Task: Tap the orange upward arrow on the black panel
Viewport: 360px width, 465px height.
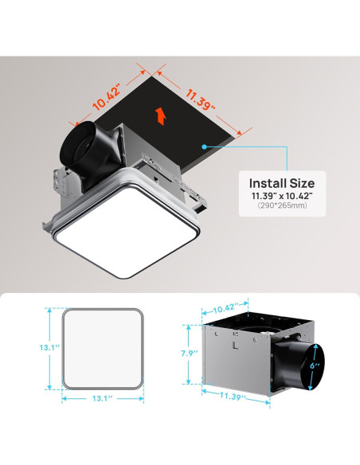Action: [x=162, y=117]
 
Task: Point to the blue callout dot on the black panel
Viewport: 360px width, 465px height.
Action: [x=206, y=147]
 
